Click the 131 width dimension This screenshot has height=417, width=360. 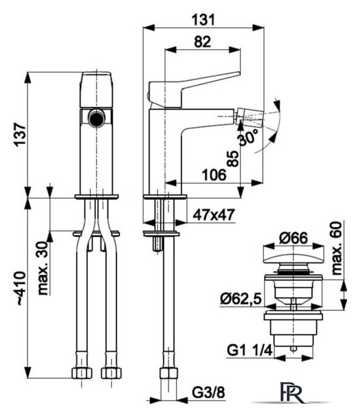pos(203,20)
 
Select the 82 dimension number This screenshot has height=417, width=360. pos(202,42)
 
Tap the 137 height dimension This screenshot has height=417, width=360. pos(20,134)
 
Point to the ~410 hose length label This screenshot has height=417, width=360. pos(21,287)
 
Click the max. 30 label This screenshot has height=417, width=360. pos(43,268)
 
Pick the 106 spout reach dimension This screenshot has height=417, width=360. pos(214,175)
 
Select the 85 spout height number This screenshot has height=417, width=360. pos(233,158)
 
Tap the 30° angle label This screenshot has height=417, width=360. pos(249,137)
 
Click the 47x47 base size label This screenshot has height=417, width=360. pos(214,215)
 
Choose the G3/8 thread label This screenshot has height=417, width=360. pos(209,392)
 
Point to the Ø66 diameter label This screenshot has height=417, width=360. pos(294,238)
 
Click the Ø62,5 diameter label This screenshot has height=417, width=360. pos(241,299)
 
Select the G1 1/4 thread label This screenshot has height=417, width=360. pos(250,350)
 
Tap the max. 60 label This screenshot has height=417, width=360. pos(337,248)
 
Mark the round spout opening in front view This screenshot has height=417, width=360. pos(96,119)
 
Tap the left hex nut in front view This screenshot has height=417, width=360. pos(82,373)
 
